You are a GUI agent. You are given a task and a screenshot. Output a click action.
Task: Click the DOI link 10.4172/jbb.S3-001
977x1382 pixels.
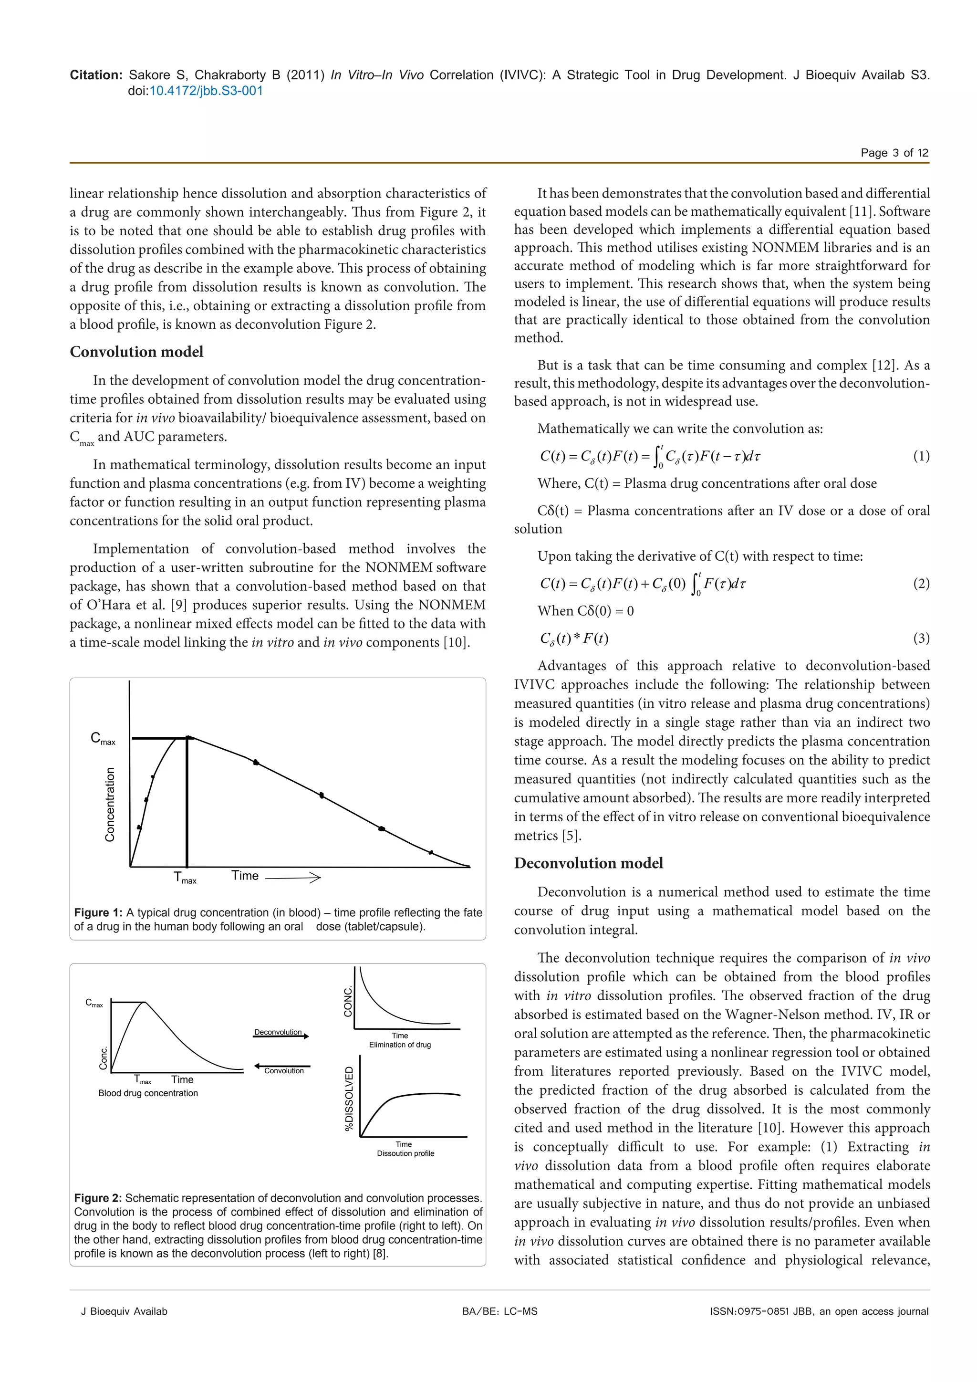pyautogui.click(x=206, y=91)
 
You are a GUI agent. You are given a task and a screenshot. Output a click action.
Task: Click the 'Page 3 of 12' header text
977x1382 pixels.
pyautogui.click(x=894, y=153)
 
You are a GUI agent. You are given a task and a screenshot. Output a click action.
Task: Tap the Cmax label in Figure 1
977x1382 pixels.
pyautogui.click(x=102, y=739)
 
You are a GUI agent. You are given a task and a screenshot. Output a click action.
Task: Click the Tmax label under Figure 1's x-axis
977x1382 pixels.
pyautogui.click(x=185, y=878)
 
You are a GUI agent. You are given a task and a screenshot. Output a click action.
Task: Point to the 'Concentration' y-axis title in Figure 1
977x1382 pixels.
pyautogui.click(x=110, y=804)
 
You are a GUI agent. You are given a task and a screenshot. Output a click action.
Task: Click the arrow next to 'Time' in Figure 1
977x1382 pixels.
pyautogui.click(x=292, y=878)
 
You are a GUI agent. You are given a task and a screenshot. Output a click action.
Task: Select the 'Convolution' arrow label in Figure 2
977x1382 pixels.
pyautogui.click(x=284, y=1071)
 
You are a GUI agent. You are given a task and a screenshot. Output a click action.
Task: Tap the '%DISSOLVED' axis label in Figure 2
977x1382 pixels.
pyautogui.click(x=349, y=1099)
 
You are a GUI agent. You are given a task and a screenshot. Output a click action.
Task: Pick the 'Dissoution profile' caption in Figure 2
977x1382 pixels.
pyautogui.click(x=405, y=1153)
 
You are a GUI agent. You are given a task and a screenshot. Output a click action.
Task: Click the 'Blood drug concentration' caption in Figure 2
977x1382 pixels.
pyautogui.click(x=148, y=1093)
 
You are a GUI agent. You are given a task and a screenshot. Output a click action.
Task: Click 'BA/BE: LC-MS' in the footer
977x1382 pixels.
pyautogui.click(x=499, y=1311)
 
